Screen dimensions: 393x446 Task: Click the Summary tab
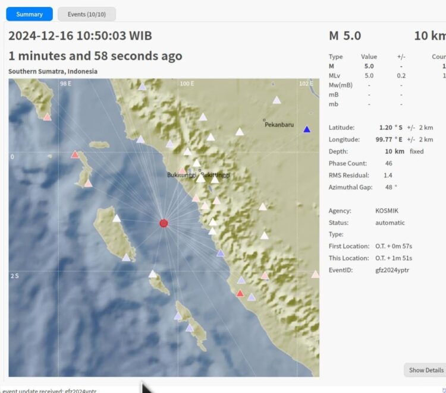(x=29, y=14)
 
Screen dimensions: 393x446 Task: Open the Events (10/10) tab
(x=87, y=14)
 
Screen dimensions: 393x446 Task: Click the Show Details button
(x=426, y=370)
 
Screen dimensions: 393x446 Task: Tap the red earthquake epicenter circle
(x=164, y=223)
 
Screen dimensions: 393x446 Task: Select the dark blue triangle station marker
(x=307, y=129)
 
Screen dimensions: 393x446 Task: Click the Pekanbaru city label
(x=279, y=125)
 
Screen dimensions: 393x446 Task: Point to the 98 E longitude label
(x=65, y=84)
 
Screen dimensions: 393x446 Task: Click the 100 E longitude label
(x=187, y=84)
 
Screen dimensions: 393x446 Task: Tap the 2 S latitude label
(x=14, y=276)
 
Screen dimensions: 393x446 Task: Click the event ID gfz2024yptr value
(x=392, y=270)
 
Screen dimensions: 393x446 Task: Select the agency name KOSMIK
(x=388, y=211)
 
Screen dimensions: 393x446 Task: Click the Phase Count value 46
(x=388, y=163)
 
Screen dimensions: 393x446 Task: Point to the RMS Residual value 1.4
(x=388, y=175)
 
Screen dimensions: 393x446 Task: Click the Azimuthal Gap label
(x=350, y=187)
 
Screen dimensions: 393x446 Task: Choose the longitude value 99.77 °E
(x=389, y=140)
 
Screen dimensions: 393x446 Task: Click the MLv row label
(x=335, y=75)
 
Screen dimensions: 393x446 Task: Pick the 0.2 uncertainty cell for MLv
(x=401, y=75)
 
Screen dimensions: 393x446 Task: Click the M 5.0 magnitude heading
(x=345, y=36)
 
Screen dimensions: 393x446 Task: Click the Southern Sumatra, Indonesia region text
(x=53, y=71)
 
